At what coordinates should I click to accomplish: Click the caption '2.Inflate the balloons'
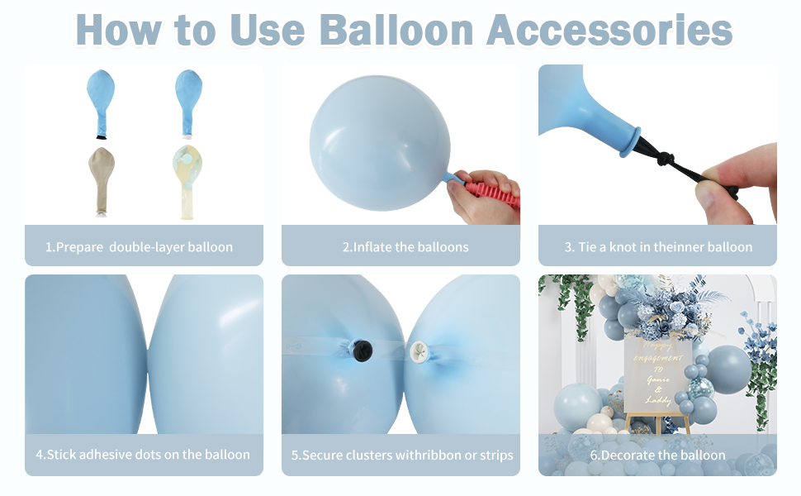tap(405, 246)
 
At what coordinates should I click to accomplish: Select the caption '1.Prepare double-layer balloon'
tap(139, 246)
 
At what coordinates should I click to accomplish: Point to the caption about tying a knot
tap(658, 246)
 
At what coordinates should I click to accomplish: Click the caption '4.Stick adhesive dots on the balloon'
tap(143, 454)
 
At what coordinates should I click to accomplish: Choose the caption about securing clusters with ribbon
tap(403, 455)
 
